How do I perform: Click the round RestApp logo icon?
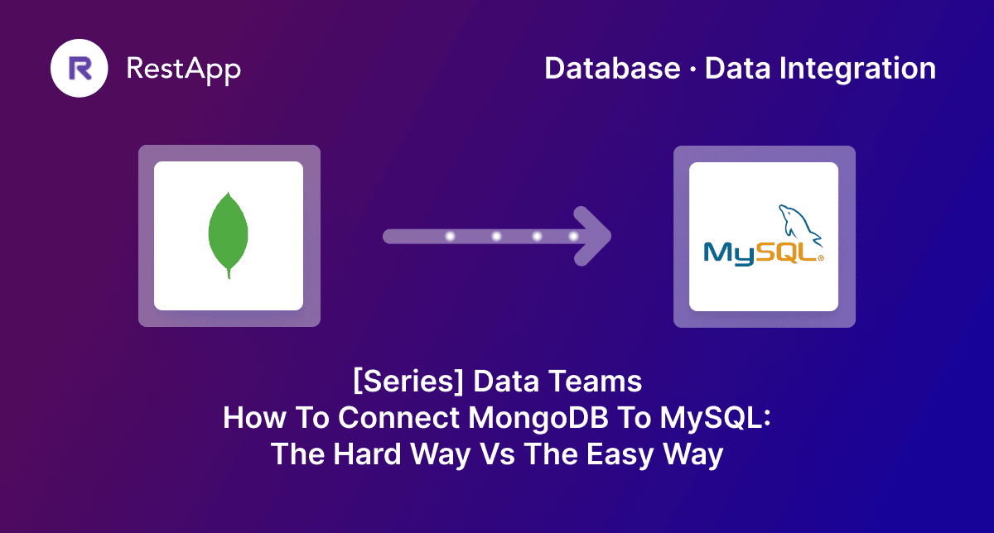pos(80,69)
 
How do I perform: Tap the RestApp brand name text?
pos(183,69)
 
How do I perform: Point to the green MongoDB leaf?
pos(229,235)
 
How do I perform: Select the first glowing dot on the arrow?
pos(451,237)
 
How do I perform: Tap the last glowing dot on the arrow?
pos(573,237)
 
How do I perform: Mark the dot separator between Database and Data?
pos(692,70)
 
